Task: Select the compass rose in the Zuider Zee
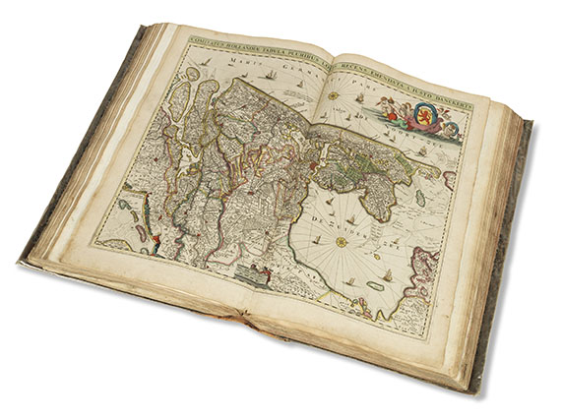[342, 241]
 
